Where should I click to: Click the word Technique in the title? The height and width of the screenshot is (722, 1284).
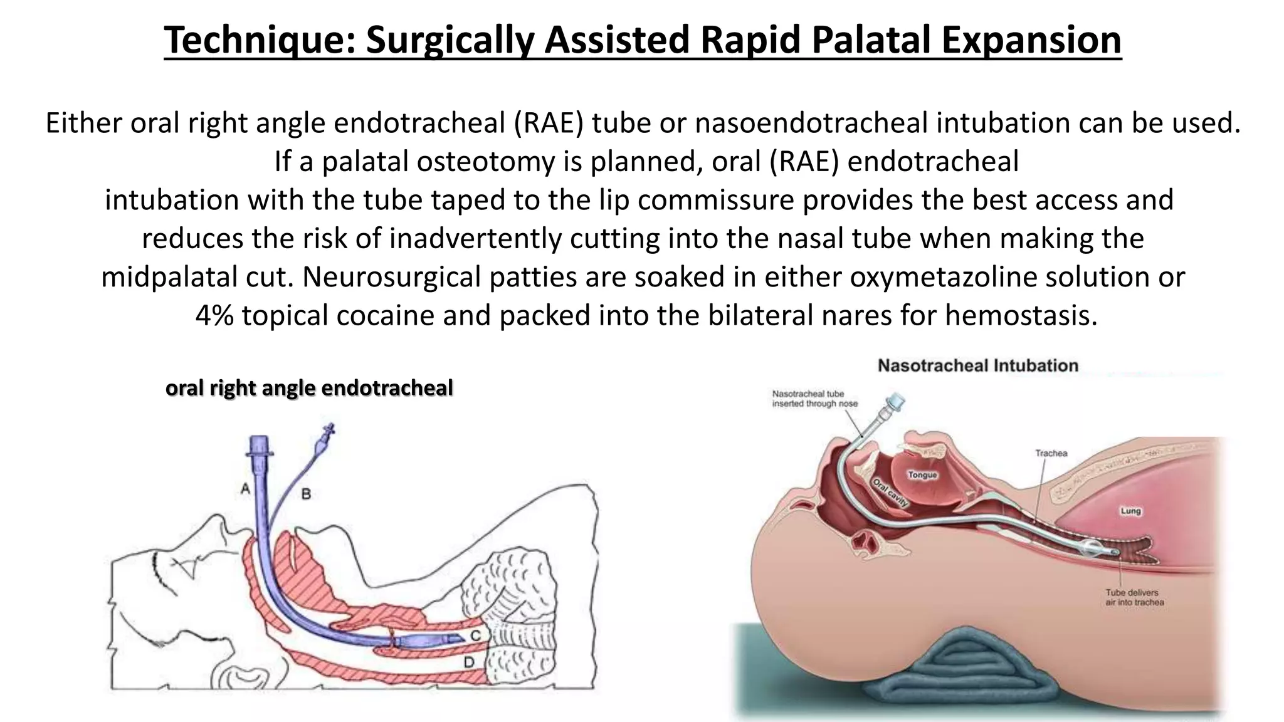[260, 40]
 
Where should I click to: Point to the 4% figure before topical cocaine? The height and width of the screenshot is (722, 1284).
[214, 315]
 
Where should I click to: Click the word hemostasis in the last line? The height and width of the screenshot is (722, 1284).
[1021, 315]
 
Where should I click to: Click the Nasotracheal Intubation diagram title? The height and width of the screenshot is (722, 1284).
[977, 365]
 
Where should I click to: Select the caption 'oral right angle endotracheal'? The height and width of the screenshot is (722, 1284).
[308, 388]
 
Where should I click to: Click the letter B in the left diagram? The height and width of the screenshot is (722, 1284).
[306, 494]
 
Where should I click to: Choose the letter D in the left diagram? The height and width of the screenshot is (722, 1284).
[468, 662]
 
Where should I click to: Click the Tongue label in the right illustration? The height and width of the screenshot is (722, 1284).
[922, 475]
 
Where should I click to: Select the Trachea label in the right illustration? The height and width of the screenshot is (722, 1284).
[1051, 453]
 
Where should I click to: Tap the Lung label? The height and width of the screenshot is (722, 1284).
[1130, 511]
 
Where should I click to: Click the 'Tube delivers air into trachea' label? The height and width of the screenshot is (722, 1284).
[1134, 597]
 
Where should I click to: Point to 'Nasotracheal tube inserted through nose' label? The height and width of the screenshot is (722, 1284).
[814, 399]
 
